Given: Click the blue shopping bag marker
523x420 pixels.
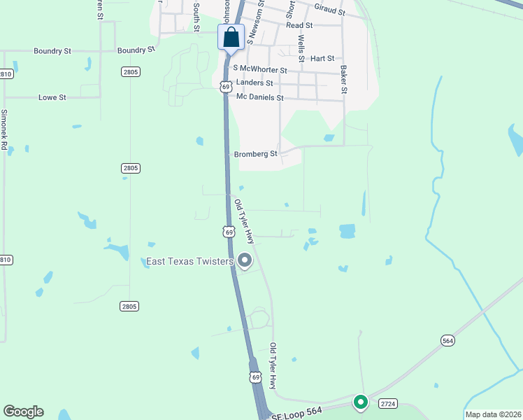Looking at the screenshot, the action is pos(231,38).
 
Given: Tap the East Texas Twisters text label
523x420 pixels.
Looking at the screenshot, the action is pos(190,262).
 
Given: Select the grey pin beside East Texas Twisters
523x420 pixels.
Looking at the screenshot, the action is pos(245,260).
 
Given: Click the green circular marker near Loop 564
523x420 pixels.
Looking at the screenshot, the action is pos(361,402).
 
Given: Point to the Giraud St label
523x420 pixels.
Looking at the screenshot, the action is pos(330,11).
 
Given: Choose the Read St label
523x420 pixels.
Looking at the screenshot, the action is pos(299,24).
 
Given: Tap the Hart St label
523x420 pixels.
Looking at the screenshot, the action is pos(322,58).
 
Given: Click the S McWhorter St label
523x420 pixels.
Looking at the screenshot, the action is pos(260,69).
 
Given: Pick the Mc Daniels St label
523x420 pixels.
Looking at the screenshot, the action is pos(259,98).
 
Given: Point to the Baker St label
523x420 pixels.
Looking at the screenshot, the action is pos(344,79).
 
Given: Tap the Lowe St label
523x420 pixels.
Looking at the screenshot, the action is pos(52,97).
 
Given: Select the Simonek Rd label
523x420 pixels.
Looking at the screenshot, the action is pos(4,130).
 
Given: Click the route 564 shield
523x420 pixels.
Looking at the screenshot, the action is pos(448,340).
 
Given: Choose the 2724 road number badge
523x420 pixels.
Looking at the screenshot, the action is pos(388,404).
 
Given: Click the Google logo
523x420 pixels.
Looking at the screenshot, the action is pos(23,412).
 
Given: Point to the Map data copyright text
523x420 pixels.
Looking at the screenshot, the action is pos(493,414).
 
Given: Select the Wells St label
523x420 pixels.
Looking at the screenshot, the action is pos(301,48).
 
